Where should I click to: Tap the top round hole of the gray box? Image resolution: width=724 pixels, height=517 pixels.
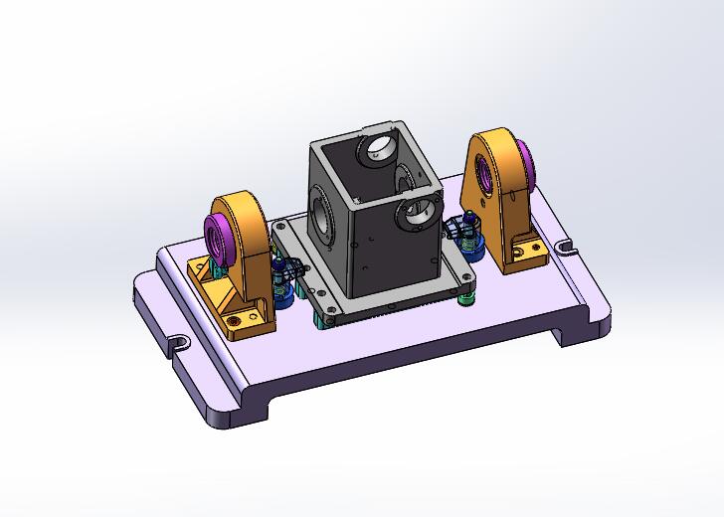(x=380, y=149)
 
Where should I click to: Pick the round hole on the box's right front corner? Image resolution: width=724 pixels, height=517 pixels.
(x=420, y=211)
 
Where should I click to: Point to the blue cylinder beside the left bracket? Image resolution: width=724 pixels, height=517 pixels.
(x=283, y=289)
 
